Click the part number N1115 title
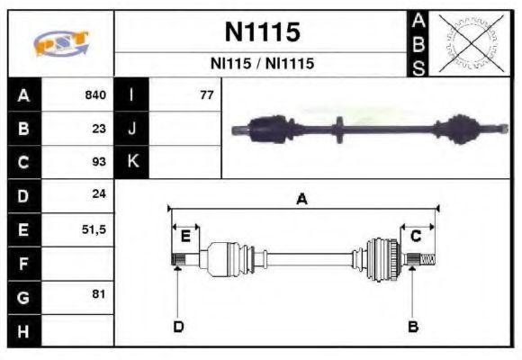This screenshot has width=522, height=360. click(261, 32)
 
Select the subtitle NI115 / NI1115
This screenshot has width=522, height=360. click(261, 65)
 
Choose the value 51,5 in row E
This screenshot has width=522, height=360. click(94, 229)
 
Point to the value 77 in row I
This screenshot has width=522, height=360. click(206, 94)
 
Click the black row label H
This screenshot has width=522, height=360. click(23, 330)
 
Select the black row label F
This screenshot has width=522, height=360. click(23, 264)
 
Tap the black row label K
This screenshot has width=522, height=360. click(131, 162)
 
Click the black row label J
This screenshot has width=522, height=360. click(131, 128)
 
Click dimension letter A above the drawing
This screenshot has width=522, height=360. click(302, 200)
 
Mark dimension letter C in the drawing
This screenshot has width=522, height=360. click(416, 236)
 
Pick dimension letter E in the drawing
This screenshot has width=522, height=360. click(185, 236)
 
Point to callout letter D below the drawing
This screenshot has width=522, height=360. click(178, 326)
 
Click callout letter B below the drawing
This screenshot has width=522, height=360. click(413, 326)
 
